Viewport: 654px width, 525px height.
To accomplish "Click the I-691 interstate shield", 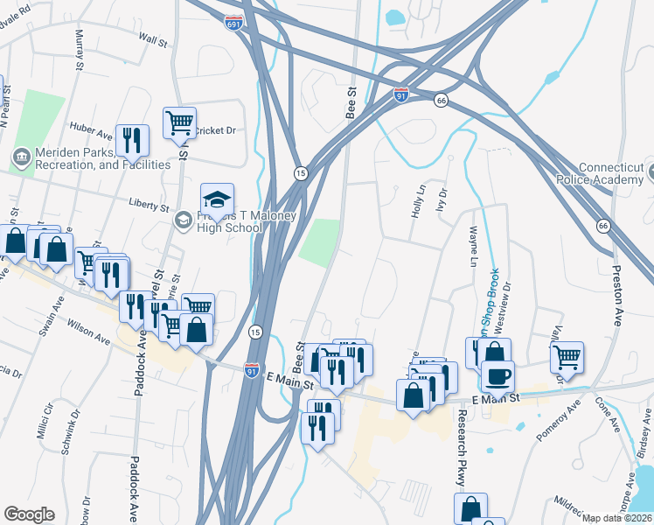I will (x=233, y=22).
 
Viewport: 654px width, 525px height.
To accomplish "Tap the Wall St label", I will (x=153, y=39).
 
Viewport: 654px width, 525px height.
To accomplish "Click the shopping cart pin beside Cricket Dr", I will (x=180, y=122).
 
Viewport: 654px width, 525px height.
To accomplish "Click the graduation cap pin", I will (x=217, y=199).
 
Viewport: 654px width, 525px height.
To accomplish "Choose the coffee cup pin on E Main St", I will (x=497, y=377).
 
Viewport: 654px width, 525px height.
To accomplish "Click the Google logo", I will (x=29, y=514).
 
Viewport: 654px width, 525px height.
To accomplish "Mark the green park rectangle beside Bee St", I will (x=320, y=241).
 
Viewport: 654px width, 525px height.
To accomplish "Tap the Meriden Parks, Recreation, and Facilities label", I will (x=91, y=158).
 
